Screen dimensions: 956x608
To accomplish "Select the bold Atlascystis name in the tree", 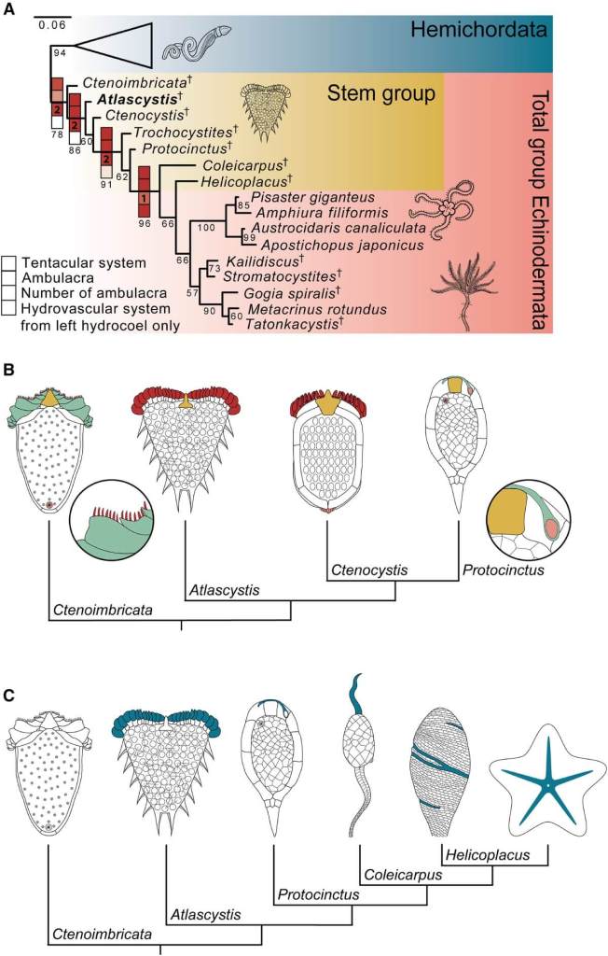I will pos(129,97).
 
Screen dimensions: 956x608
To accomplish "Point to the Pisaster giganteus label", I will pos(312,197).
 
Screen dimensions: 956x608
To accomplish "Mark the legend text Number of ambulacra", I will pos(86,294).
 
